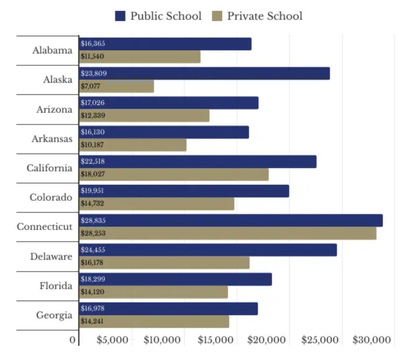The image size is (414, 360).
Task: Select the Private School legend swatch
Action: pos(216,16)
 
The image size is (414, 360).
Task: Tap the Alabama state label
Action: pos(53,51)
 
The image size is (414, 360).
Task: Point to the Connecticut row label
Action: pos(45,227)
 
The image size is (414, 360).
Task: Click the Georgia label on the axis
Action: pos(54,315)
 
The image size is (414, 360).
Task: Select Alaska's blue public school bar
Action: pos(204,74)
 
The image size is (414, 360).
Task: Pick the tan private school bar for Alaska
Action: pos(116,86)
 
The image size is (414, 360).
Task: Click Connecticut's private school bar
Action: pos(228,233)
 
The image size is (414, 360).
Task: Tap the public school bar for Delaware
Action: pos(208,250)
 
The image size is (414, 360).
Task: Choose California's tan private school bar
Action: pos(174,174)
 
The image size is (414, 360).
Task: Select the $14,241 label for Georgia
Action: pos(92,322)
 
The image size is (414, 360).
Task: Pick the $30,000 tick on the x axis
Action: pos(372,340)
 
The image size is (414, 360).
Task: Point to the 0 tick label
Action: pos(72,340)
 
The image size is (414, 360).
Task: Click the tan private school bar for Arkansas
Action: pos(133,145)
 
